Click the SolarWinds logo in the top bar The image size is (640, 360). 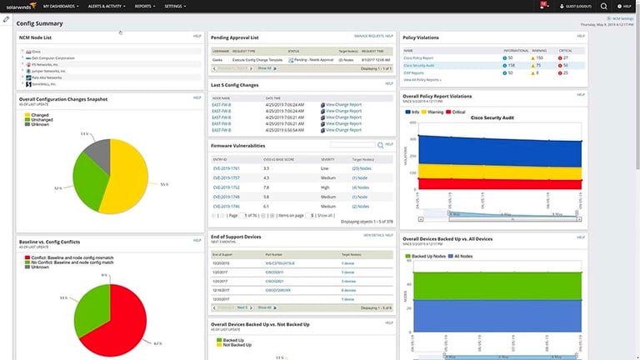18,6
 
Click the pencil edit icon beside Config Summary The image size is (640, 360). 7,18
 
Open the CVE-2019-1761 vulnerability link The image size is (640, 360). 227,168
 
